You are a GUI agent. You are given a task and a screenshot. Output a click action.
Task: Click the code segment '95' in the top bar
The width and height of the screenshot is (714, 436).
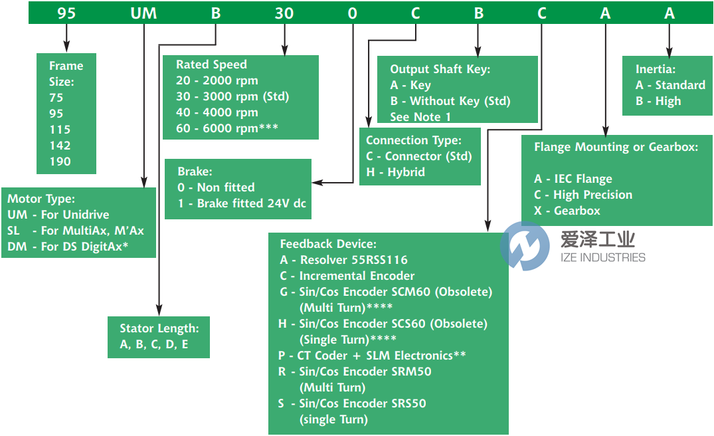pos(66,13)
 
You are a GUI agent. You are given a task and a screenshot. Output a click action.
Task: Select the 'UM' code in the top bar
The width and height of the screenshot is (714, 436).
pos(143,13)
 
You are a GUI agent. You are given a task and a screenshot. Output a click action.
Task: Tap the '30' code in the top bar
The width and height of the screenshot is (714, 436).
pos(284,13)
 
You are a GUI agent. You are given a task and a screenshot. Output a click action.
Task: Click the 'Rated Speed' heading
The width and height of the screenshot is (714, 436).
pos(211,64)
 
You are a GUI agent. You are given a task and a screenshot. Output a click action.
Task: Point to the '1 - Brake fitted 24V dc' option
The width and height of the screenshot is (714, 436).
pos(242,203)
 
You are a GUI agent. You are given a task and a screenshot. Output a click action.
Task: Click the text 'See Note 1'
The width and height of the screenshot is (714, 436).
pos(420,117)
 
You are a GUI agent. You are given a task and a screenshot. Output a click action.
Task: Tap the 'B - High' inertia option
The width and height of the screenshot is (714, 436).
pos(658,101)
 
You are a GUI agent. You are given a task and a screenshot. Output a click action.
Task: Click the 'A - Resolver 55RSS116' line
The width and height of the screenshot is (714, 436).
pos(343,260)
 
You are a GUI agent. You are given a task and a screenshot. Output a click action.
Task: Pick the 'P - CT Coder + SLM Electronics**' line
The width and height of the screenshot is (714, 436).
pos(372,356)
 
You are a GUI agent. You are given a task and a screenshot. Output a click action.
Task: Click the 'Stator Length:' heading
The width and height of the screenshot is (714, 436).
pos(159,328)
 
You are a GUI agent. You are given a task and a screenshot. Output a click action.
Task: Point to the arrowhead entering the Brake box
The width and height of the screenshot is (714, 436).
pos(317,181)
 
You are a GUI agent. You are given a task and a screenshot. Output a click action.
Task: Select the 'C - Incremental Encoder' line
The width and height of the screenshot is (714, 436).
pos(347,276)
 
